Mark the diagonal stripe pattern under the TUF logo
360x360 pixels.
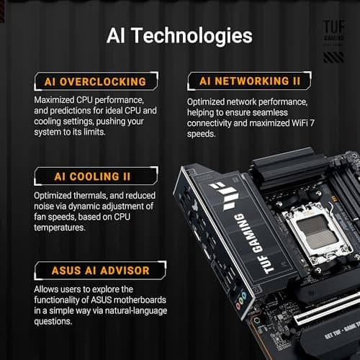(333, 58)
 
